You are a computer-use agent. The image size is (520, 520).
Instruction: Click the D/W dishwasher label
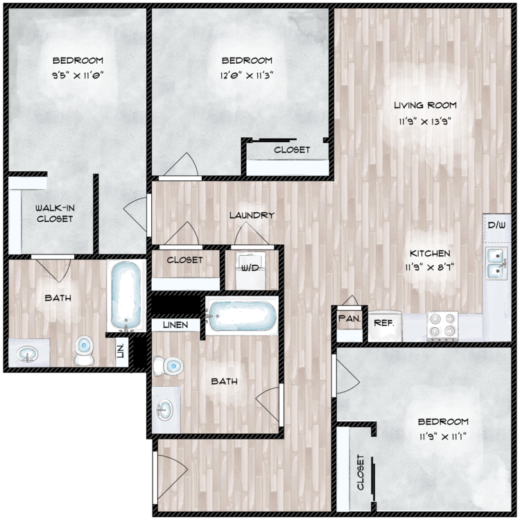[x=497, y=225]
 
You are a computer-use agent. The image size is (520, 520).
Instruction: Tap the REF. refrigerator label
[x=383, y=322]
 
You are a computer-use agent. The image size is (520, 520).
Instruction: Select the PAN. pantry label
[x=349, y=319]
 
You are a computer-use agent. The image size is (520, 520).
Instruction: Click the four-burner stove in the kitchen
[x=443, y=326]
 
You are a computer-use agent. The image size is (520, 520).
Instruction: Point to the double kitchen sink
[x=496, y=263]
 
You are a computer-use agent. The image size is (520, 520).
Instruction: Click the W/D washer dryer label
[x=250, y=268]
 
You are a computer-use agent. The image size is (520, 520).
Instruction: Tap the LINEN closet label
[x=175, y=325]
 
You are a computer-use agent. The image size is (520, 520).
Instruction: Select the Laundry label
[x=252, y=215]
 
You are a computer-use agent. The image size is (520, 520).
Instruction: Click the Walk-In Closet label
[x=55, y=214]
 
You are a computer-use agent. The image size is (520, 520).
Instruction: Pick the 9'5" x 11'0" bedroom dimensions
[x=78, y=76]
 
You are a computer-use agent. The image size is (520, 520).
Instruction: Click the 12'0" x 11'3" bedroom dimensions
[x=247, y=76]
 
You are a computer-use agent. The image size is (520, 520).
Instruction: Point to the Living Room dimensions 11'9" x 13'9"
[x=425, y=122]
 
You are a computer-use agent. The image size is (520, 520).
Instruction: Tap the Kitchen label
[x=430, y=253]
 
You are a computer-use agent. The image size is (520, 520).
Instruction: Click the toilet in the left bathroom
[x=84, y=350]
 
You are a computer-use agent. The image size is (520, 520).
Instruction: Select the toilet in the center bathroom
[x=168, y=366]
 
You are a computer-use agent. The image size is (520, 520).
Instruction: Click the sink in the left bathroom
[x=27, y=354]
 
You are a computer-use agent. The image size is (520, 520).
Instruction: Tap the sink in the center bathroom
[x=164, y=410]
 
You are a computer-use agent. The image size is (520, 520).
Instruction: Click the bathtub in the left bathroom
[x=126, y=295]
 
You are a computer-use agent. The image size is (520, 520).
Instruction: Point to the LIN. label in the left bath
[x=121, y=352]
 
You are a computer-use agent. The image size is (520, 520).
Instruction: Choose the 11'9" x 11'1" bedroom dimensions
[x=443, y=437]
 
